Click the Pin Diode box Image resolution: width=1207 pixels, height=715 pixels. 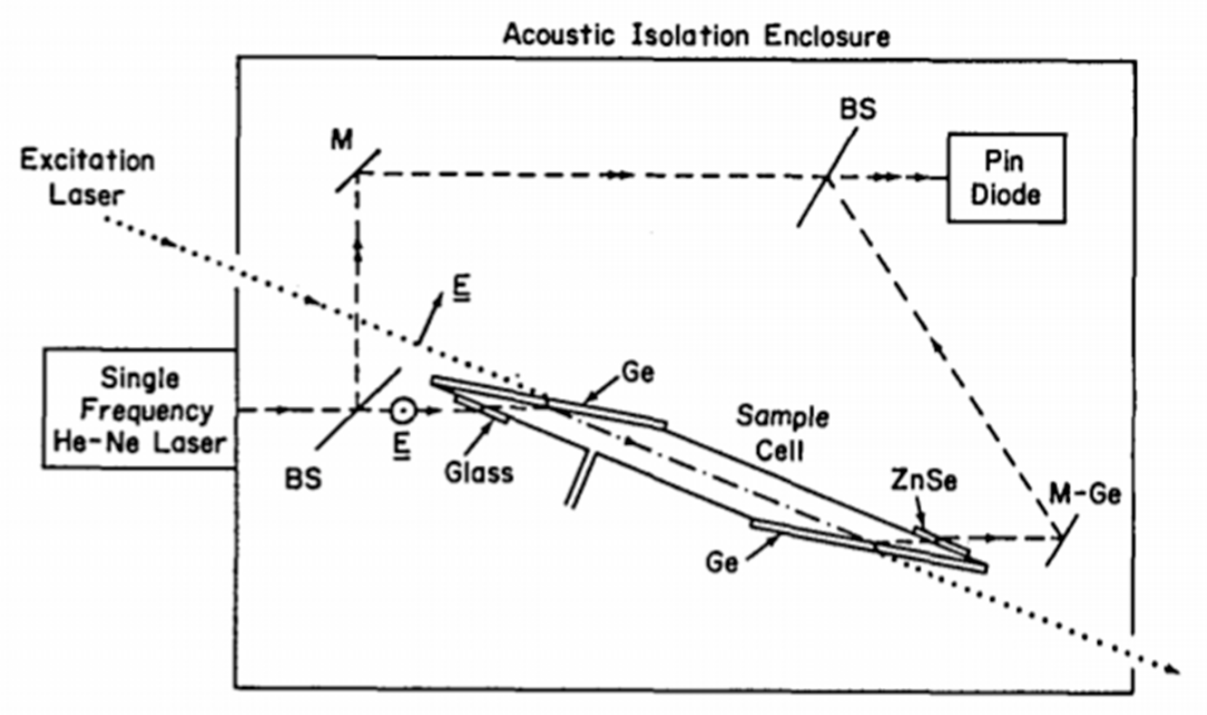point(1006,178)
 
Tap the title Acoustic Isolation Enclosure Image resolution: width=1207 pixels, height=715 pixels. point(696,36)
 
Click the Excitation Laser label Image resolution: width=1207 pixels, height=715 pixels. point(87,178)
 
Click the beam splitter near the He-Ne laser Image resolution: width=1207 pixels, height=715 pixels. point(359,408)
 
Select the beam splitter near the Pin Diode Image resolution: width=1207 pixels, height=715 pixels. point(827,178)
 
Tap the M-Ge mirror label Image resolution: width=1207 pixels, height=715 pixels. point(1085,494)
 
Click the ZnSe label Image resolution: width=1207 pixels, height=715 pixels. point(924,480)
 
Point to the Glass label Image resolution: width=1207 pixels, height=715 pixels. point(479,473)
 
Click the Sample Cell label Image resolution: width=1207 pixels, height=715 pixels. point(782,433)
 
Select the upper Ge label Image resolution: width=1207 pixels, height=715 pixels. point(638,373)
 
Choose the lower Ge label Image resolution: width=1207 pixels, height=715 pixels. point(722,562)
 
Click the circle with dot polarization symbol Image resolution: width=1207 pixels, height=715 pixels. point(404,410)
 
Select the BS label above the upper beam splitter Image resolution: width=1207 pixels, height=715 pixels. point(858,109)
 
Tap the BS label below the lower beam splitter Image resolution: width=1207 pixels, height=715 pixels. point(303,479)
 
